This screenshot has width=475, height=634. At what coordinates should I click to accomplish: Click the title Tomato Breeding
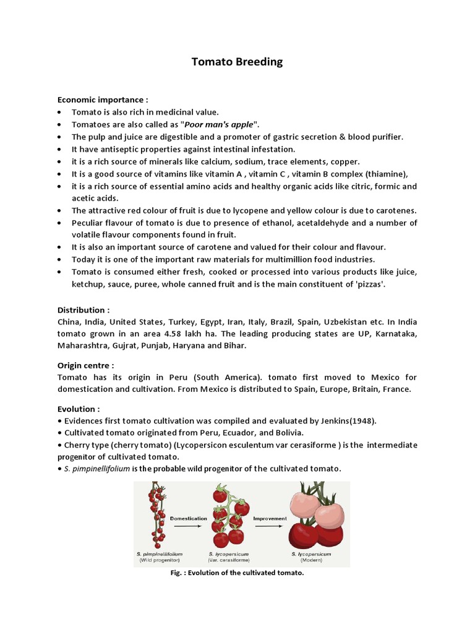pos(237,62)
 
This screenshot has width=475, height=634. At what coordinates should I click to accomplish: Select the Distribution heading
pos(83,310)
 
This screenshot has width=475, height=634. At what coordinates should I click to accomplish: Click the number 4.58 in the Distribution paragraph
pos(176,334)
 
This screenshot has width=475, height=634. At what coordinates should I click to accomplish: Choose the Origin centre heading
pos(85,365)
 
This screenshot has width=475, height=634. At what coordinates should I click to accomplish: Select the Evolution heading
pos(79,409)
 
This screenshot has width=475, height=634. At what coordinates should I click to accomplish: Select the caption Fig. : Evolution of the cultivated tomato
pos(237,573)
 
